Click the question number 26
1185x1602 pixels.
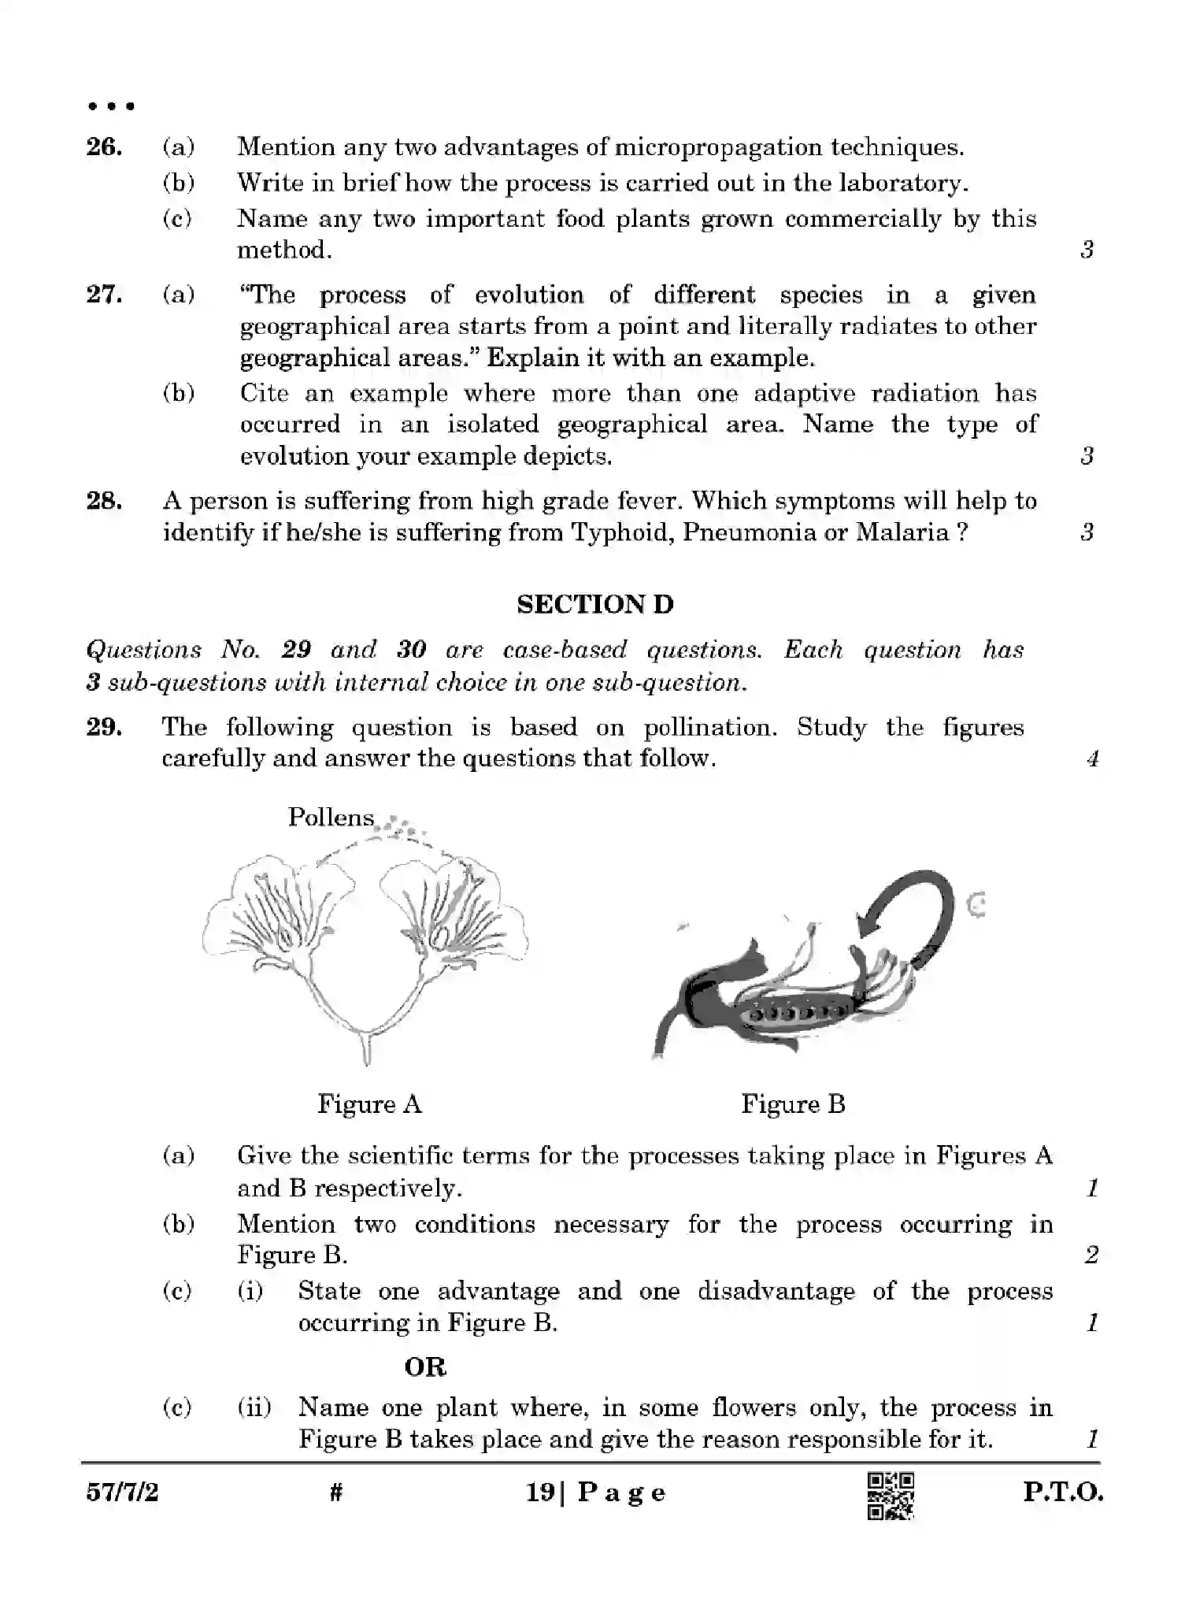pos(104,147)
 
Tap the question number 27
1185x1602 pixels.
pos(104,295)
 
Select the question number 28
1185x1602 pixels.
pos(104,501)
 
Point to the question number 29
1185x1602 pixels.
pos(104,727)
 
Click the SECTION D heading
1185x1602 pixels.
pos(595,605)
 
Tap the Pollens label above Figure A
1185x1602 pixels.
pos(331,818)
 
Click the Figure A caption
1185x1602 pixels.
pos(369,1104)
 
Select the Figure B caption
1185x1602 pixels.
pos(793,1104)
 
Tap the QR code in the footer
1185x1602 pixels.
pos(891,1495)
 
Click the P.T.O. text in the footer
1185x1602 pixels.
pos(1063,1493)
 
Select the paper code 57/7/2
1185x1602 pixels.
pos(122,1493)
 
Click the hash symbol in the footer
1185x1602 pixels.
pos(337,1492)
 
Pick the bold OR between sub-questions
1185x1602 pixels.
pos(425,1367)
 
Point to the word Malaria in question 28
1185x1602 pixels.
pos(902,533)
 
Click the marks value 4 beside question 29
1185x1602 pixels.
pos(1092,759)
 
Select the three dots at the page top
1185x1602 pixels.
pos(110,106)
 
